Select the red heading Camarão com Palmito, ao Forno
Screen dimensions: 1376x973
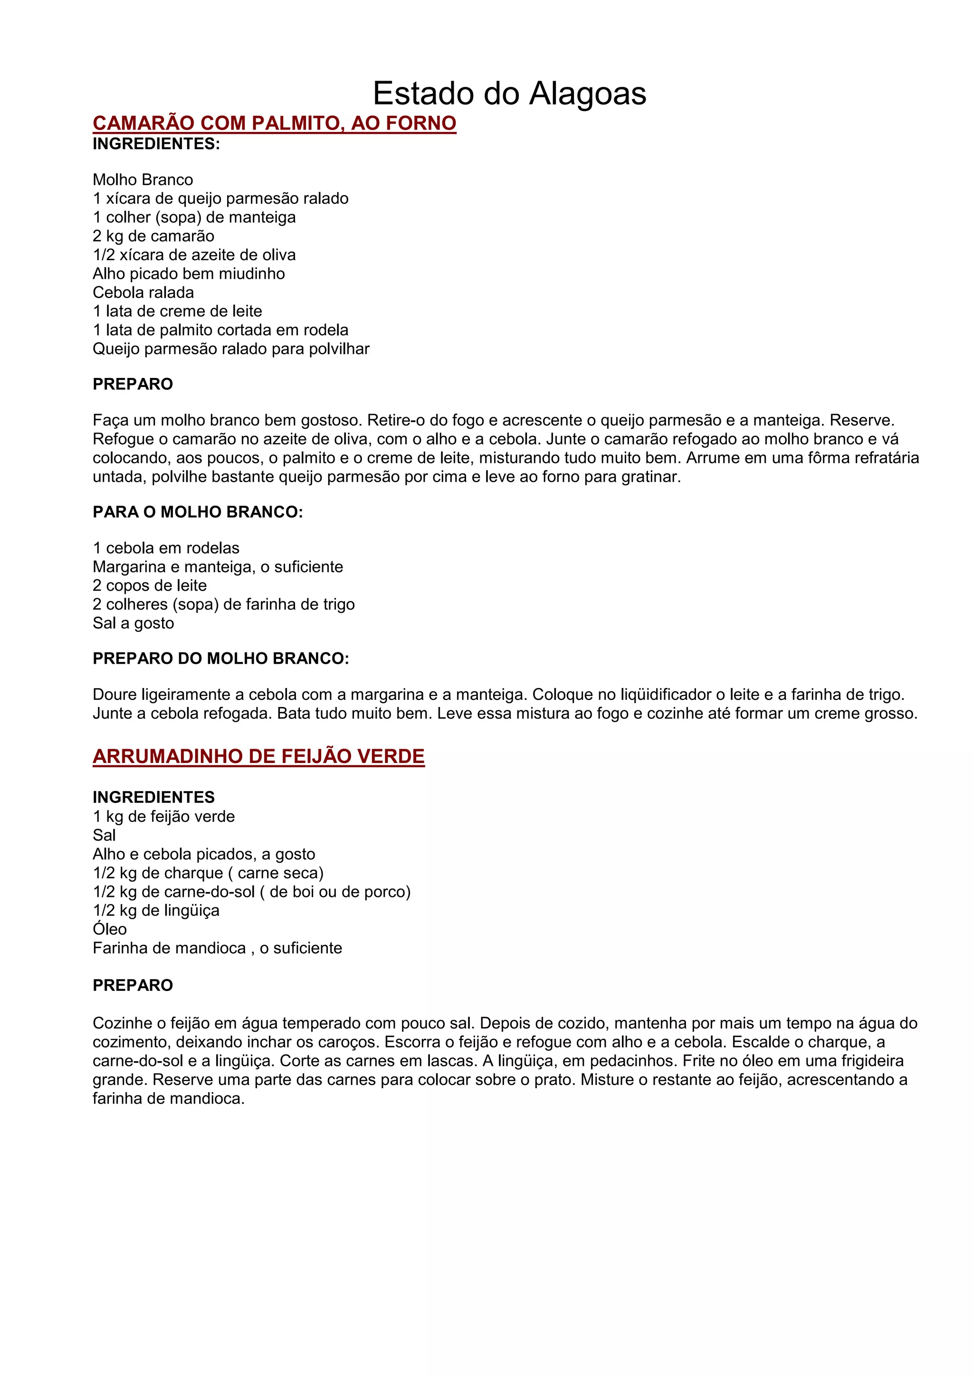tap(274, 123)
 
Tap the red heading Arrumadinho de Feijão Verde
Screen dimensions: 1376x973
tap(258, 756)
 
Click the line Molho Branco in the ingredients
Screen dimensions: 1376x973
tap(143, 180)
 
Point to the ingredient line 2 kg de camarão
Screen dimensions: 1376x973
tap(153, 236)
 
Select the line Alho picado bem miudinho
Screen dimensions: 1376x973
tap(188, 274)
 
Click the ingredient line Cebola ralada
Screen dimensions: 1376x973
tap(143, 292)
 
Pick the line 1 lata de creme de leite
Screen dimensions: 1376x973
tap(178, 311)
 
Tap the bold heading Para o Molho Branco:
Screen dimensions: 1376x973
tap(197, 512)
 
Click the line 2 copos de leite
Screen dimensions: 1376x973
tap(149, 585)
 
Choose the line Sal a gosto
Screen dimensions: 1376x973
tap(133, 623)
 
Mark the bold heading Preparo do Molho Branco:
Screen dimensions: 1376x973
tap(220, 659)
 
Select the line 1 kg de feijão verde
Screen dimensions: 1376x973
tap(163, 816)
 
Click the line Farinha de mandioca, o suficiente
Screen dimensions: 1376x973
tap(217, 948)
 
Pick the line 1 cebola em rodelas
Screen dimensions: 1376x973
tap(166, 548)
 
